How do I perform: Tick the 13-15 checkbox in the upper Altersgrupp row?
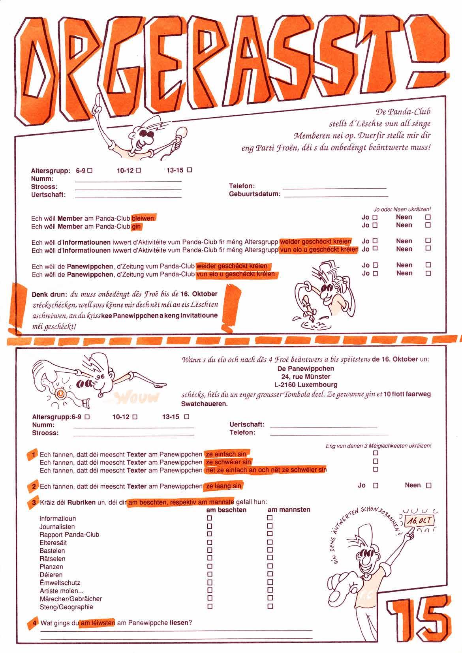coord(190,170)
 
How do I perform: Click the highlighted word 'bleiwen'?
coord(143,218)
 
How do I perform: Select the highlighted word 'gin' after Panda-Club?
coord(136,227)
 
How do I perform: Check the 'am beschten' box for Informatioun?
coord(209,518)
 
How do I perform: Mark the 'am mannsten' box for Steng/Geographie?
coord(270,606)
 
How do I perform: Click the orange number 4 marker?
coord(34,623)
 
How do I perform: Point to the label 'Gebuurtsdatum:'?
coord(255,194)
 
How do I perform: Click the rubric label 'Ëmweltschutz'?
coord(60,583)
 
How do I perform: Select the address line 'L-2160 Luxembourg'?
coord(306,385)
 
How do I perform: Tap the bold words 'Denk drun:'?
coord(49,294)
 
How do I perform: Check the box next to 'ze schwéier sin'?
coord(376,462)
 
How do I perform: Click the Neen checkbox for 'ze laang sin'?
coord(428,485)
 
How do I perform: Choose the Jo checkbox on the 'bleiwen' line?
coord(375,217)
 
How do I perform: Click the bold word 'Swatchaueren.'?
coord(204,404)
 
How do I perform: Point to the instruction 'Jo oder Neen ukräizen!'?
coord(402,209)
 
